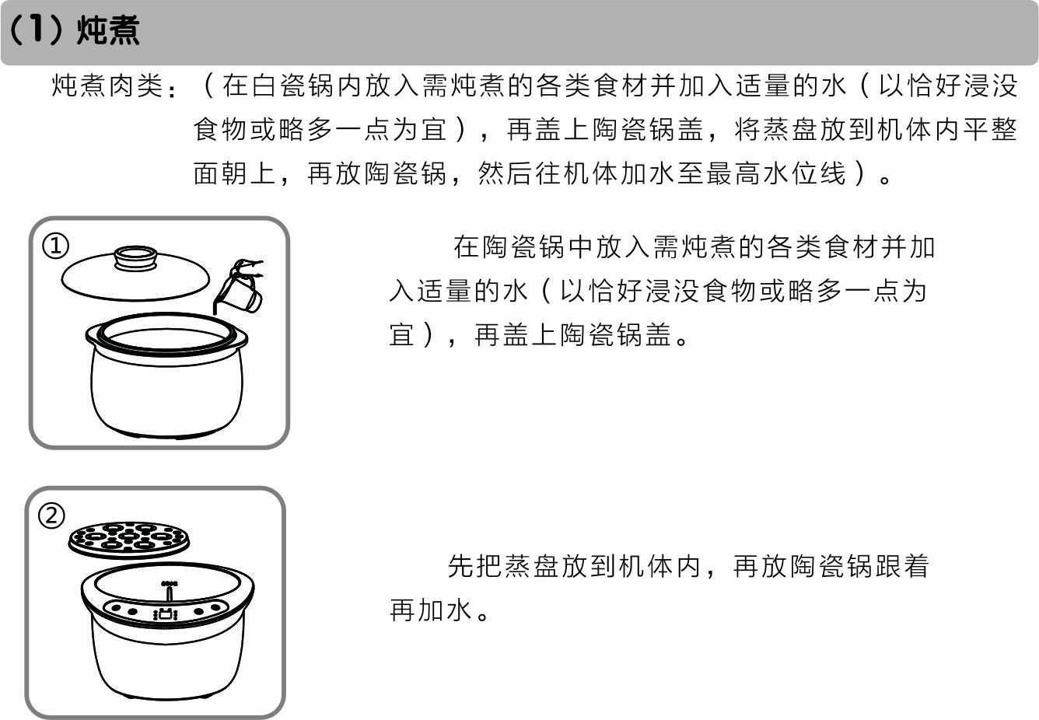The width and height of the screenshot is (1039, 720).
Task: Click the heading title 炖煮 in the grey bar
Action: [107, 30]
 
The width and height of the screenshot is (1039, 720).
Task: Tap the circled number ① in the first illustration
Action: [56, 246]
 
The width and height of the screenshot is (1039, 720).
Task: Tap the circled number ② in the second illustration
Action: [51, 516]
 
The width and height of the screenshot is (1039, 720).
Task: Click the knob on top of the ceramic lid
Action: [135, 257]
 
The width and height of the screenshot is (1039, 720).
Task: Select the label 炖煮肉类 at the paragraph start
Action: [107, 86]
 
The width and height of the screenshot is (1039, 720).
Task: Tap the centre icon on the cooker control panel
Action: [166, 613]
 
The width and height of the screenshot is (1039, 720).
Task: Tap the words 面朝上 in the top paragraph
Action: [235, 174]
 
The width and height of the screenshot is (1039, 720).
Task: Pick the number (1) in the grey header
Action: [36, 30]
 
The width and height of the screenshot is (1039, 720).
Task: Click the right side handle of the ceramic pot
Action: [240, 339]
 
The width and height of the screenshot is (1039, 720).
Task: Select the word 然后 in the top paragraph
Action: [506, 174]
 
